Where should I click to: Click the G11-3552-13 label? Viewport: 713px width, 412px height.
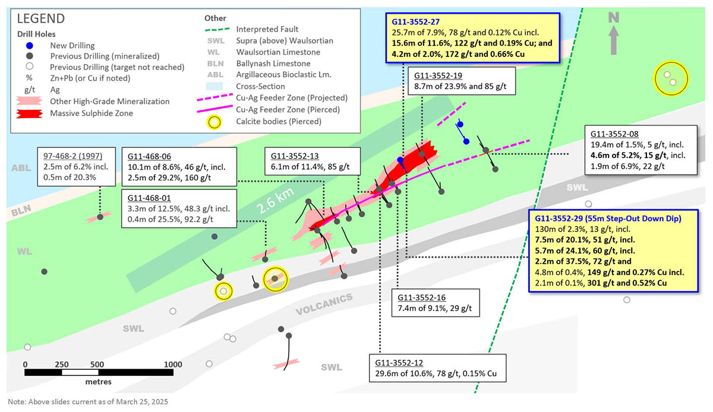pos(295,156)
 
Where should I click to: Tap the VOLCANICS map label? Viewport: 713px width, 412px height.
pos(324,303)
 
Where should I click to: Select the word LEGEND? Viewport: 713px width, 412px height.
pos(41,20)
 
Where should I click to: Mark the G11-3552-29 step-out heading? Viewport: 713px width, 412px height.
pos(604,218)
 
